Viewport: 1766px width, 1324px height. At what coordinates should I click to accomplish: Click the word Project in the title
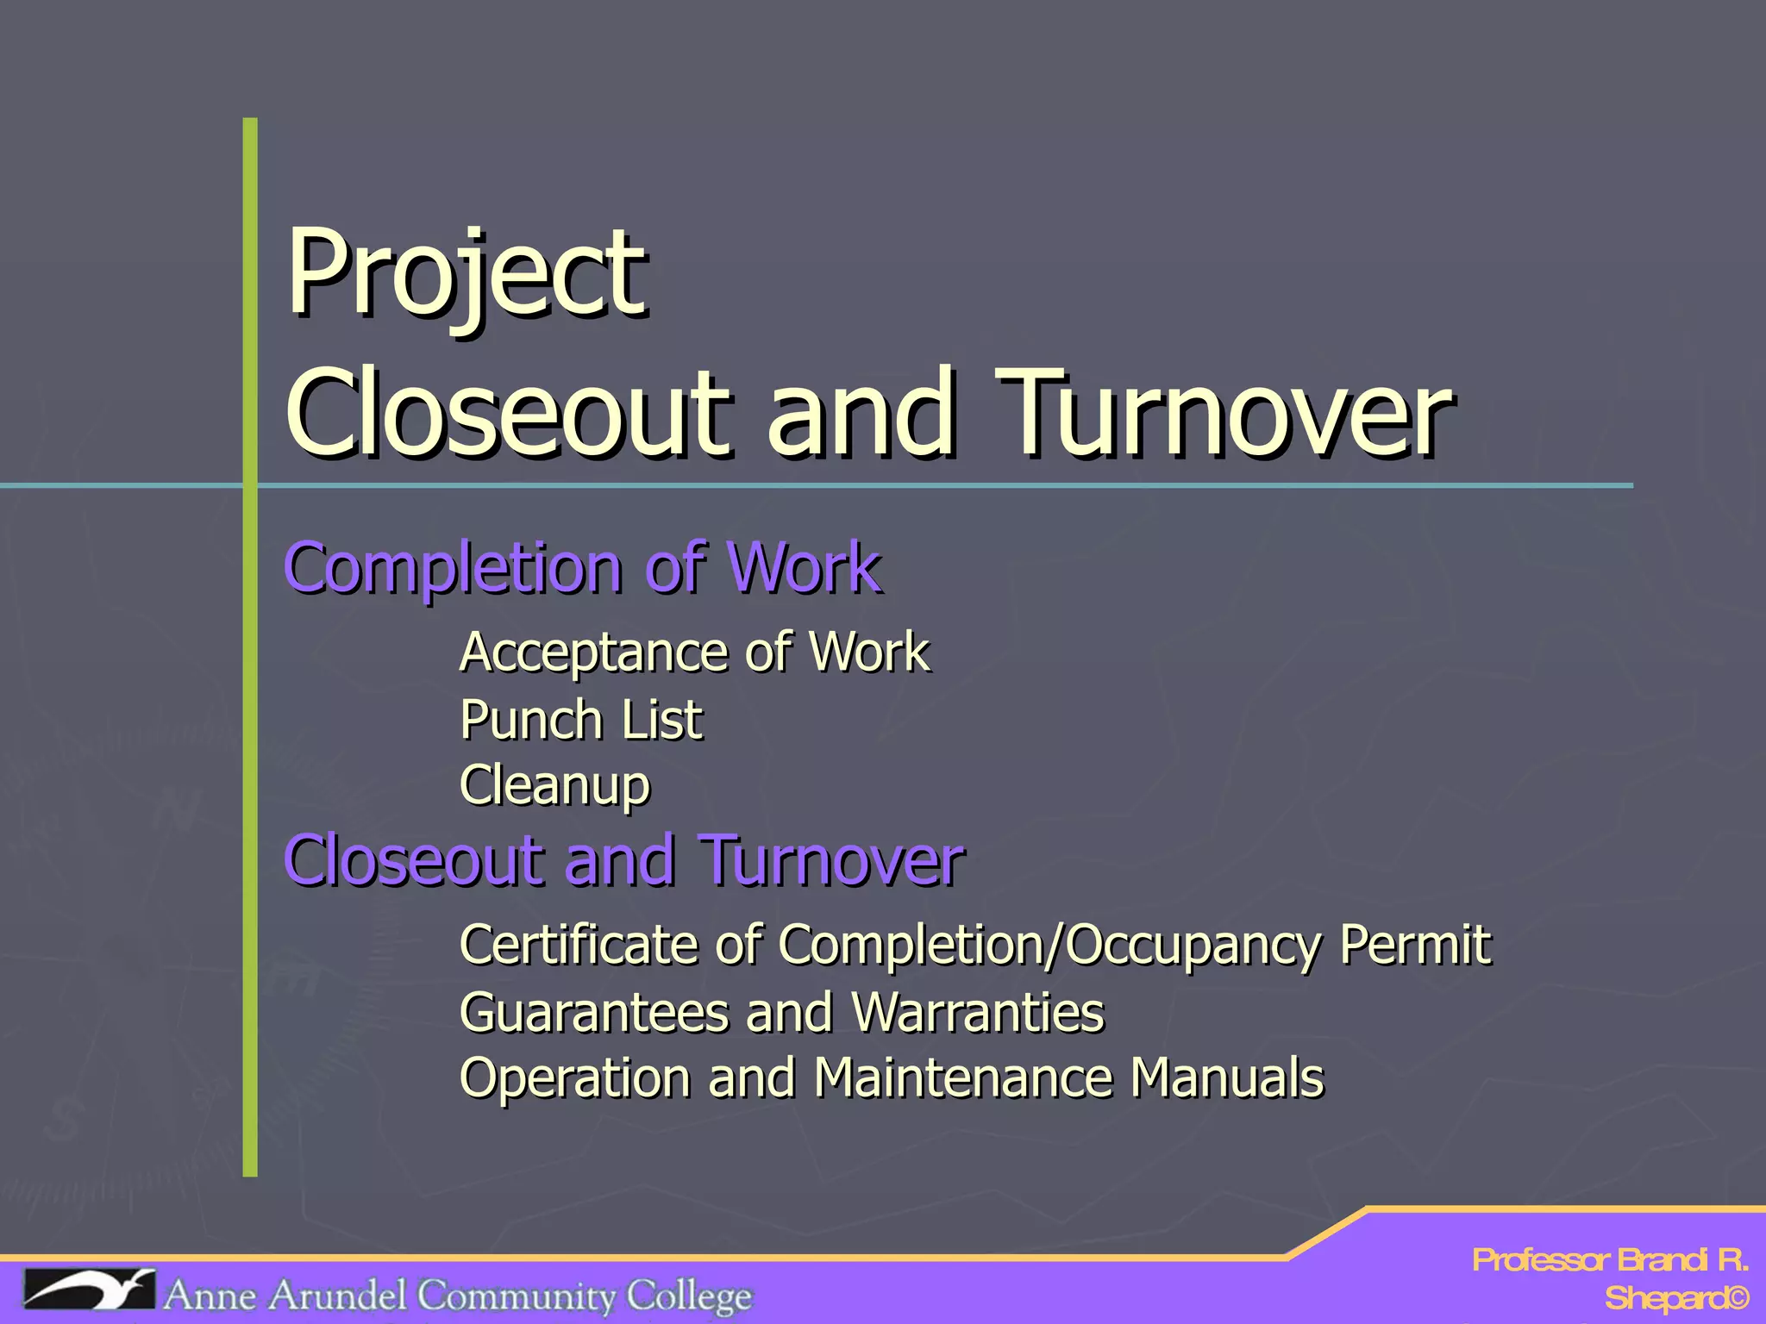pos(466,274)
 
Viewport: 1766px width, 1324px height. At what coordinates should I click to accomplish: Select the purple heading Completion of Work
pos(583,569)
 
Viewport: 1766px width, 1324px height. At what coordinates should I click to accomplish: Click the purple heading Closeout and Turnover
pos(623,861)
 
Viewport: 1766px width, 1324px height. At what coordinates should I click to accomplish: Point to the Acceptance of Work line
pos(695,653)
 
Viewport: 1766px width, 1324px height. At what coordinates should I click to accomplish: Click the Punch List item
pos(581,720)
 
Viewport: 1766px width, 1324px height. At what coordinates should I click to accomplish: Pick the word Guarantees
pos(594,1012)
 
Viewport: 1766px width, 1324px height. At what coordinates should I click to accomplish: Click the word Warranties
pos(977,1012)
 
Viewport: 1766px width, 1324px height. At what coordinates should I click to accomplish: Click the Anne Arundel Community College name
pos(457,1296)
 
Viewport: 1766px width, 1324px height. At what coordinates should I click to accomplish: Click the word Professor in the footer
pos(1540,1260)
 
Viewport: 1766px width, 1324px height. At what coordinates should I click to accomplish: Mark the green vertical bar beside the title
pos(250,646)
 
